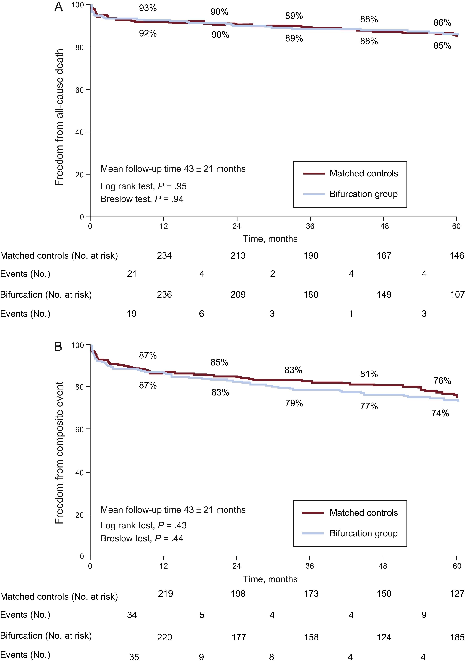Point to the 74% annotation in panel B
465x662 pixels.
click(x=440, y=413)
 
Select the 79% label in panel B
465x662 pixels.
click(x=294, y=403)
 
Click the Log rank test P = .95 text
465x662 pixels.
click(x=143, y=186)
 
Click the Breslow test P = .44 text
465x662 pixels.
click(x=142, y=538)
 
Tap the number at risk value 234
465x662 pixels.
click(x=164, y=255)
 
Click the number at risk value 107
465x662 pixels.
click(x=457, y=294)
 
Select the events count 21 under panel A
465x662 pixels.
click(x=132, y=274)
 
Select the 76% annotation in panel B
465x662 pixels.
click(x=442, y=381)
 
